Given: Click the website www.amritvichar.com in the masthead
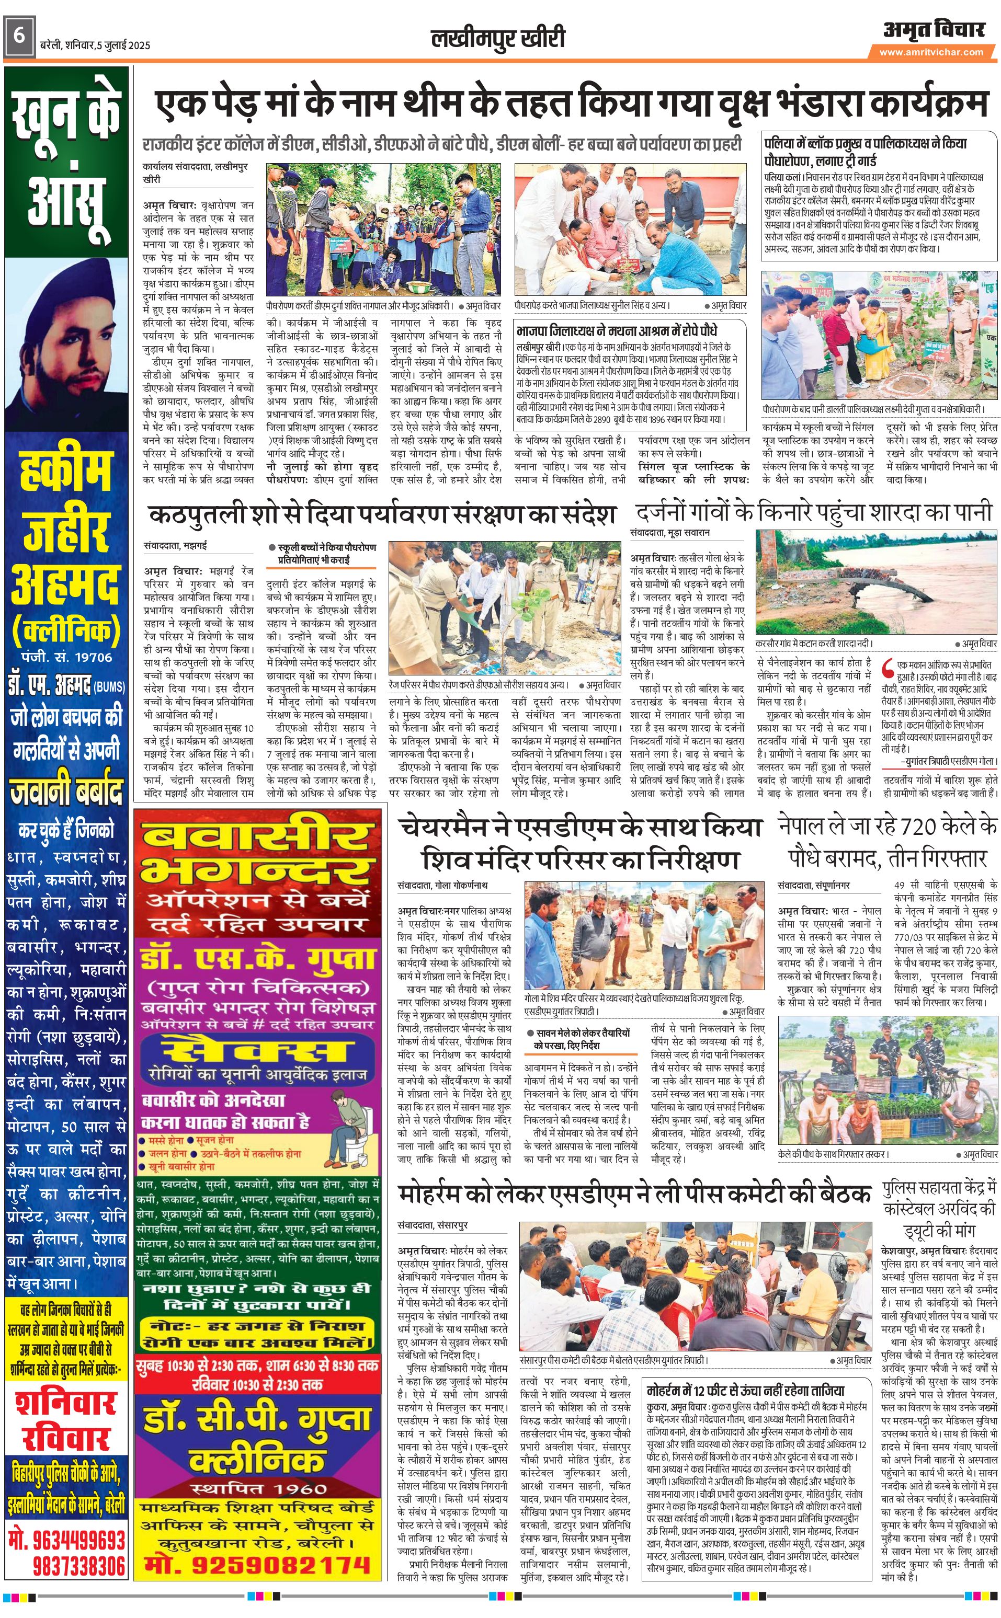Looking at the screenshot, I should [x=931, y=52].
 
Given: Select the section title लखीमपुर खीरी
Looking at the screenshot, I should [x=498, y=38].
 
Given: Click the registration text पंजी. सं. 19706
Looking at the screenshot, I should [x=66, y=657].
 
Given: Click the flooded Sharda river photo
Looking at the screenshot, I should [x=877, y=582].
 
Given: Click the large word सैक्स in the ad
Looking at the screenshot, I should [x=258, y=1051].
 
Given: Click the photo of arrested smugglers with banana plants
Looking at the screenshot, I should [x=887, y=1088].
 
